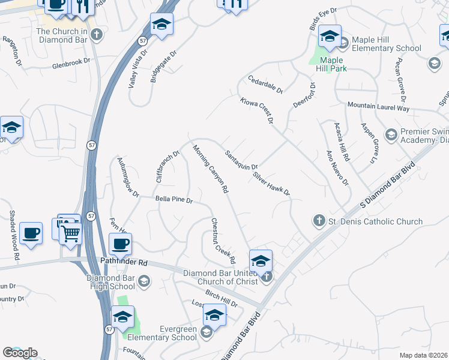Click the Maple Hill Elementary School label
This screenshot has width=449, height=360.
pyautogui.click(x=387, y=44)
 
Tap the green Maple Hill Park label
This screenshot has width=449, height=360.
pyautogui.click(x=331, y=64)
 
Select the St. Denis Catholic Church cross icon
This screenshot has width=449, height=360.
pyautogui.click(x=319, y=221)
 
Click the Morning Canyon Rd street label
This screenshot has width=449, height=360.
pyautogui.click(x=211, y=169)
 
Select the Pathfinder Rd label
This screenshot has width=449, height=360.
pyautogui.click(x=125, y=263)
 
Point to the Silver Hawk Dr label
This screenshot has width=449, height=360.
pyautogui.click(x=271, y=185)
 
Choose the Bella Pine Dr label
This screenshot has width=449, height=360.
pyautogui.click(x=173, y=199)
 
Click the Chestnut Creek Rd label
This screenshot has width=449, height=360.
pyautogui.click(x=223, y=241)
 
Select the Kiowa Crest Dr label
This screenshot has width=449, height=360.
pyautogui.click(x=256, y=112)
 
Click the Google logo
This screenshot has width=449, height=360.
pyautogui.click(x=20, y=353)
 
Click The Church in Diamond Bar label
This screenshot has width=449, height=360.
pyautogui.click(x=62, y=36)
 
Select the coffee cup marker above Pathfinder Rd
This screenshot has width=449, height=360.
pyautogui.click(x=120, y=244)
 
